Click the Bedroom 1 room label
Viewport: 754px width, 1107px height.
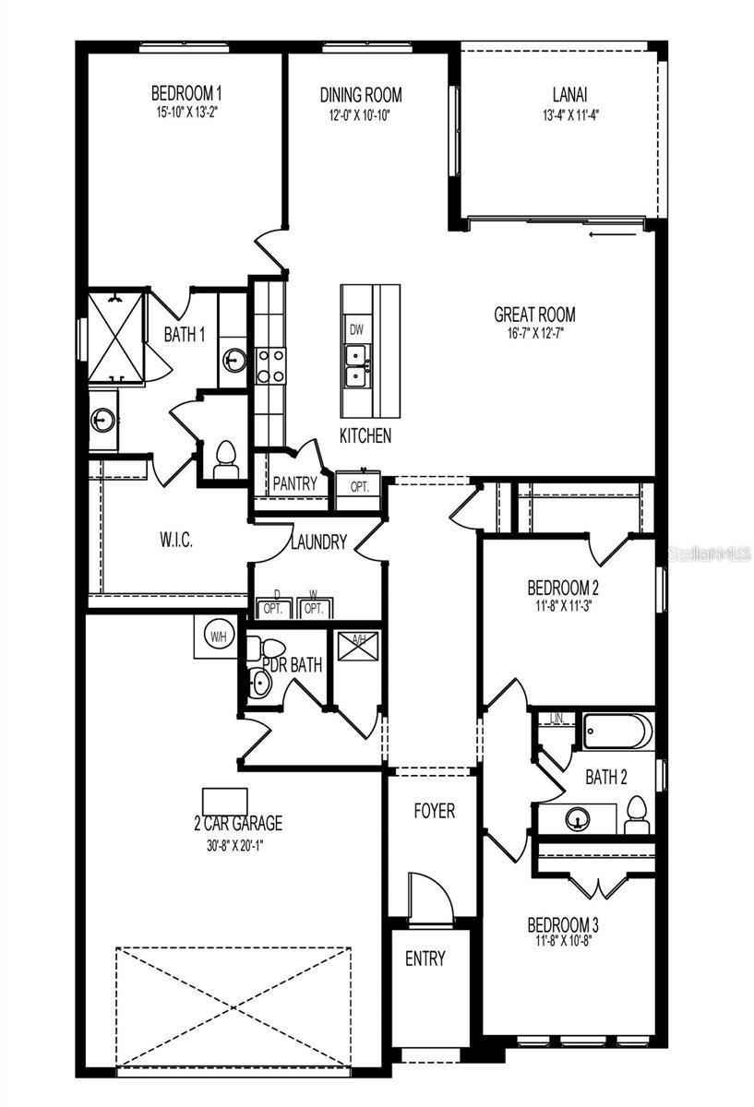[186, 93]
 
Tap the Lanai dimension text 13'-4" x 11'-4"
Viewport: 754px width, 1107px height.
[570, 115]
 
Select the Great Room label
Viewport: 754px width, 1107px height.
[534, 315]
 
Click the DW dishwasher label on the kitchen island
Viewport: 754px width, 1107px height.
[356, 329]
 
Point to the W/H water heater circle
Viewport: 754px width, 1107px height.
[219, 637]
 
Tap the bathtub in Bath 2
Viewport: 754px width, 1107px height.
[619, 732]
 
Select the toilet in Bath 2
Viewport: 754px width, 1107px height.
[636, 815]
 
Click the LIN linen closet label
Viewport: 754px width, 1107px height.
[556, 718]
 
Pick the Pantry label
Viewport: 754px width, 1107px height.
[294, 483]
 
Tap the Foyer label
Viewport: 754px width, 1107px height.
[434, 811]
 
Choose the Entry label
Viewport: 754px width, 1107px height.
[425, 958]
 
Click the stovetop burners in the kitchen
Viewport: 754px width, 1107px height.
[270, 364]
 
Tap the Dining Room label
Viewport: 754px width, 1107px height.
[361, 95]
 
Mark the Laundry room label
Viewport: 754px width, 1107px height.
[318, 542]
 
